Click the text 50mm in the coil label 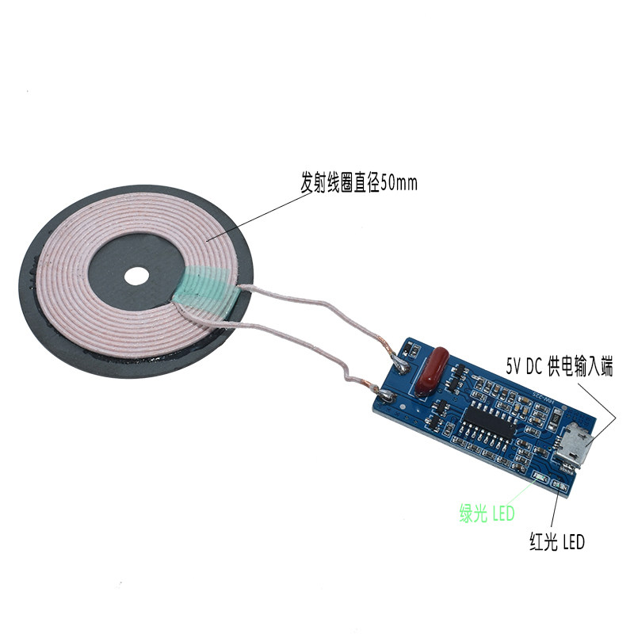(x=398, y=184)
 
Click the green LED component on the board (x=541, y=476)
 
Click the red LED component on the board (x=562, y=485)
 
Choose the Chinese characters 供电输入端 (x=594, y=365)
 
